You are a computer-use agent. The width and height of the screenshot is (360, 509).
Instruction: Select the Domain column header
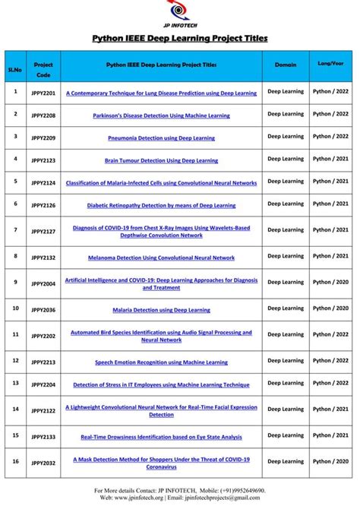(286, 65)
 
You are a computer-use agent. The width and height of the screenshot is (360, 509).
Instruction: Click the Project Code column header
(43, 70)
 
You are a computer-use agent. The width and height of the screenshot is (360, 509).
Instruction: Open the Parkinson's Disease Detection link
(161, 116)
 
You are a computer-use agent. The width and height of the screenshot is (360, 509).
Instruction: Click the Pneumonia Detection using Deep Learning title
(161, 138)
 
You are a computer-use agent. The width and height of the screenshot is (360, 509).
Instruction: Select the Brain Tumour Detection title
(161, 160)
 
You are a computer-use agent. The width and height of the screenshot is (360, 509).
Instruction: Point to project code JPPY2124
(43, 183)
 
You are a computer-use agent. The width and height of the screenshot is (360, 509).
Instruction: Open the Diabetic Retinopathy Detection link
(161, 205)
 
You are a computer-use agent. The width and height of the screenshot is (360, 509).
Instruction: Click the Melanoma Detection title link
(161, 258)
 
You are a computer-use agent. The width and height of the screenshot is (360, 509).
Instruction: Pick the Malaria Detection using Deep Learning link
(161, 310)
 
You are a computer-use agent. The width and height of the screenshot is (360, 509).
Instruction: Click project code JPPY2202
(43, 336)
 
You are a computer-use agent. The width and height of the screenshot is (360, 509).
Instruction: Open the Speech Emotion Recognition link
(161, 362)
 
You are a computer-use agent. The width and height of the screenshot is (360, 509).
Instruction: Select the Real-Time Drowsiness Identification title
(161, 437)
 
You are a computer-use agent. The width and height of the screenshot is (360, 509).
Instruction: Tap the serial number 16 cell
(15, 461)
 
